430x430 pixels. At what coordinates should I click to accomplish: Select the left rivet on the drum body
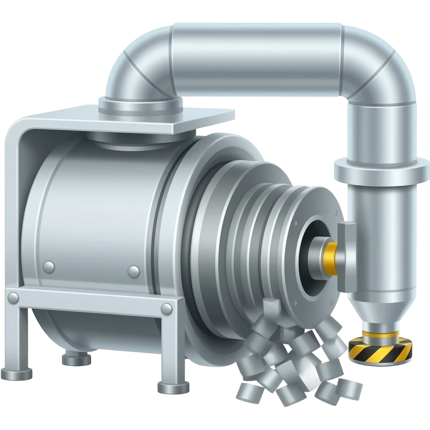click(49, 267)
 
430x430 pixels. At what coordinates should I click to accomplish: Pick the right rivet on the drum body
click(134, 271)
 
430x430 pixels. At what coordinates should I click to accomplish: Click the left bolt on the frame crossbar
click(13, 296)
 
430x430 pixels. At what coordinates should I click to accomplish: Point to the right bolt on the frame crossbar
click(167, 308)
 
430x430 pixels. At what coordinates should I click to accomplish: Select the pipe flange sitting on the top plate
click(140, 104)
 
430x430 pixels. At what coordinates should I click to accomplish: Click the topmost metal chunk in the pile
click(269, 308)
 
